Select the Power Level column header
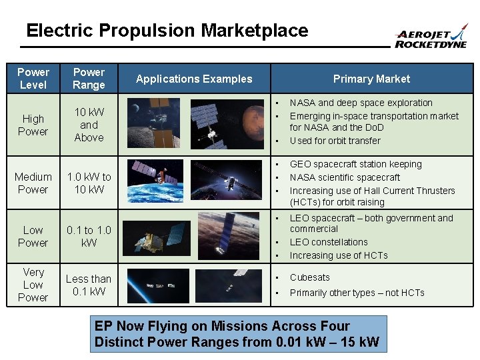point(33,78)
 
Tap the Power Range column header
point(89,78)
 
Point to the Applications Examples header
point(194,79)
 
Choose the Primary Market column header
point(371,79)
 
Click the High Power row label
point(33,125)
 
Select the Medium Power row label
point(33,183)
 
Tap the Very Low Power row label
point(33,285)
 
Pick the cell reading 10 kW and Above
point(89,125)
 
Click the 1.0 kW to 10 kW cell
point(89,183)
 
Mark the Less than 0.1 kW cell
point(89,285)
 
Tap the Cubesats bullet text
point(309,277)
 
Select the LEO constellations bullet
point(329,242)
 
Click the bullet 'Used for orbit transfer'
point(335,141)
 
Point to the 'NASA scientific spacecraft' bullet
point(345,177)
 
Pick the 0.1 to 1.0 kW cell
point(89,236)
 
